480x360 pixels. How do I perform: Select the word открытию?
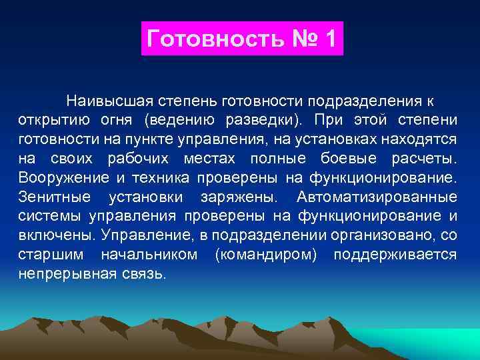click(x=49, y=121)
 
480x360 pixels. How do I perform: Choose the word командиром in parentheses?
click(x=272, y=255)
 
